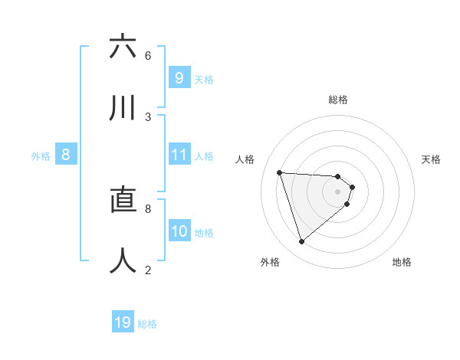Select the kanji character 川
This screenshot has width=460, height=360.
pos(123,108)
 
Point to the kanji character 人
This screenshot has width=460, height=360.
pos(123,260)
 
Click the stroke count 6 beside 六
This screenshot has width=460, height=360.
pos(148,56)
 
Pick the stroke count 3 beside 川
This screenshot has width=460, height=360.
pos(148,117)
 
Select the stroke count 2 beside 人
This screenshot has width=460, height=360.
pos(148,270)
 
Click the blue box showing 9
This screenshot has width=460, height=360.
pos(179,78)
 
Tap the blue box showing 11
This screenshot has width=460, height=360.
pos(179,155)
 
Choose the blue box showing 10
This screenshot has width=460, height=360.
pos(179,231)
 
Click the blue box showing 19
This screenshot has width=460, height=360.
pos(123,322)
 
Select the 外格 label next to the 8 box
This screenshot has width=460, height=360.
pos(41,155)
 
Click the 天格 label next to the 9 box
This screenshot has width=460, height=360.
pos(204,79)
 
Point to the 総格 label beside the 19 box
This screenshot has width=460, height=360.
pos(148,324)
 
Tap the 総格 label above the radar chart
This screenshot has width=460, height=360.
pos(338,100)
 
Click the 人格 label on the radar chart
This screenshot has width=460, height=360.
pos(245,159)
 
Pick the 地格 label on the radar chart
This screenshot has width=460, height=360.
pos(402,262)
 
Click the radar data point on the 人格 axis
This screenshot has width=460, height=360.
pos(280,172)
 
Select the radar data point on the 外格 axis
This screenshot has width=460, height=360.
pos(301,242)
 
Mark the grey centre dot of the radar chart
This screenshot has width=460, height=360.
pos(337,191)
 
